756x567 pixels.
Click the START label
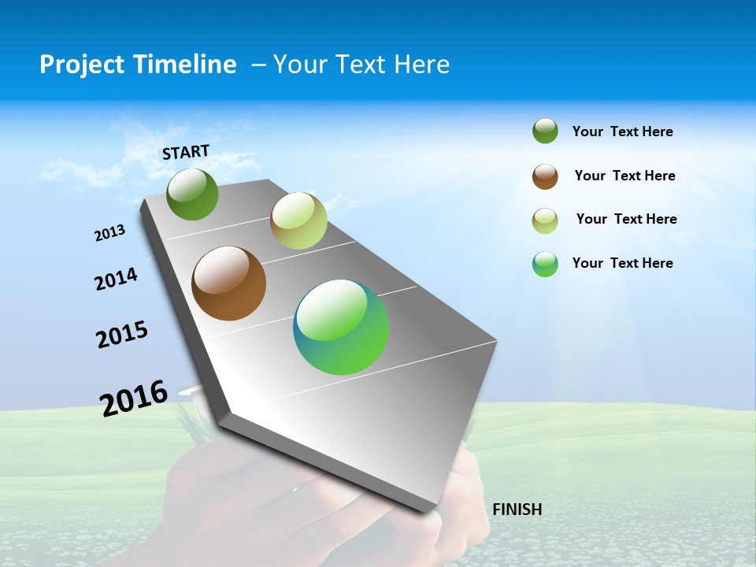[x=186, y=152]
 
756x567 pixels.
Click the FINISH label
[x=517, y=510]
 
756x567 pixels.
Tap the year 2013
[x=110, y=233]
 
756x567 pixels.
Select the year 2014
[x=117, y=279]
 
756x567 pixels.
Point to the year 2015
[x=122, y=335]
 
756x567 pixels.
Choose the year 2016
[x=134, y=398]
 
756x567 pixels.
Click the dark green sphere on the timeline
[x=193, y=195]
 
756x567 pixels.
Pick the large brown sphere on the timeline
[x=229, y=283]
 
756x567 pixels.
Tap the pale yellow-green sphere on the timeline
[x=298, y=220]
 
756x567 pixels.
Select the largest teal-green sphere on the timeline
[x=341, y=327]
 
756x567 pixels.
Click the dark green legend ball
[x=545, y=132]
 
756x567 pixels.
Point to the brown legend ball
[x=545, y=176]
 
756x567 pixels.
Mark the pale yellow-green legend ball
[x=545, y=220]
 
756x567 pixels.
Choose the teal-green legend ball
[x=545, y=264]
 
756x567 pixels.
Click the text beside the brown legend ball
[x=624, y=176]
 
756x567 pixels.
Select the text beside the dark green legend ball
[x=622, y=132]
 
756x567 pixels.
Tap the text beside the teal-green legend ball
[x=622, y=263]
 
